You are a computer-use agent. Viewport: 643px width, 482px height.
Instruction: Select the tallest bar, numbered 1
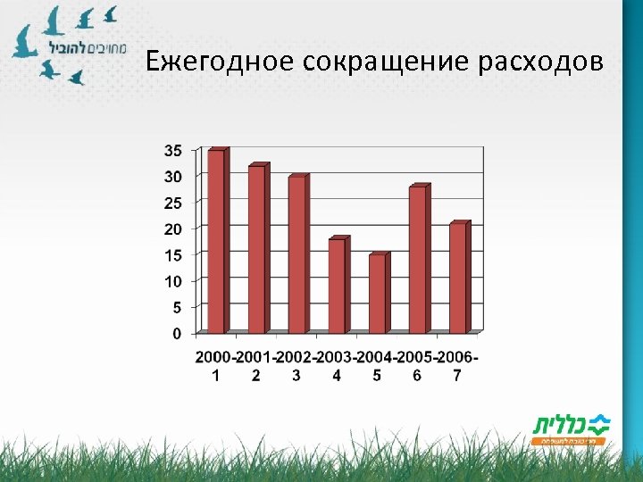216,241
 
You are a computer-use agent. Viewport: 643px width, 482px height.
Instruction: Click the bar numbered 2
256,249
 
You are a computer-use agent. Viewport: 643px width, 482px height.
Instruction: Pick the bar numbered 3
296,254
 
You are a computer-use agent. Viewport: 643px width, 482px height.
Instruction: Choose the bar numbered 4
337,286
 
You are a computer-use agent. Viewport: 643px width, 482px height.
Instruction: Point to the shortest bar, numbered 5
377,294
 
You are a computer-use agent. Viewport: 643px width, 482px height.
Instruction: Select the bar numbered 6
417,260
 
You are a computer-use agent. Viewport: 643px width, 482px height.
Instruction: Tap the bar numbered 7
457,278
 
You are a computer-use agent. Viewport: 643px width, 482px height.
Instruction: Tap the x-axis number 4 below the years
337,376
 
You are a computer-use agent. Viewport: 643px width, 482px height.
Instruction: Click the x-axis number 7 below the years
457,376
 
